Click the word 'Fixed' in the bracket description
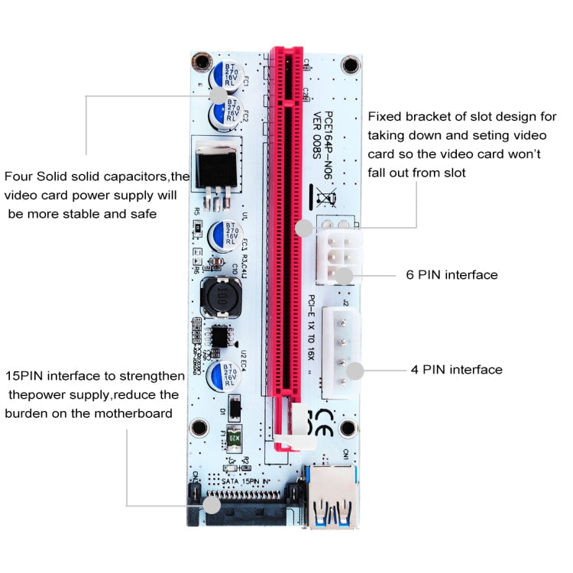click(384, 117)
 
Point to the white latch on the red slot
click(295, 439)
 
